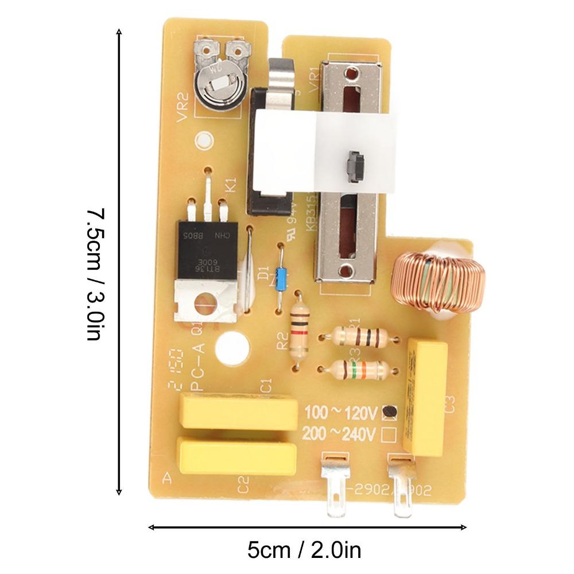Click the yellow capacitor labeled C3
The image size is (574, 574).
click(x=426, y=396)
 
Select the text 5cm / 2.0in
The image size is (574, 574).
click(x=304, y=550)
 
